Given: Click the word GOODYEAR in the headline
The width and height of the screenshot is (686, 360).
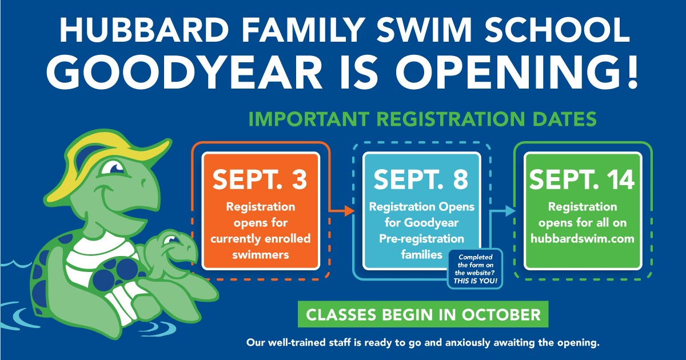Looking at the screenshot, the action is pos(184,73).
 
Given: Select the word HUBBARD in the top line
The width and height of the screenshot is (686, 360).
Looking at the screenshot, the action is pos(144,30).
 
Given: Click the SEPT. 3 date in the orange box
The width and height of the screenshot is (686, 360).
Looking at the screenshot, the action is pos(260,179).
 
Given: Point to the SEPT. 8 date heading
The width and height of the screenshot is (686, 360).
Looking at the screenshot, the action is pos(421,179).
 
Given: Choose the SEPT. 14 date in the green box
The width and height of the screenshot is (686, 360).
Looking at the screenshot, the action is pos(582,179).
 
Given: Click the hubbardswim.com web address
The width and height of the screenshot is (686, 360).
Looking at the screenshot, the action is pos(582,238).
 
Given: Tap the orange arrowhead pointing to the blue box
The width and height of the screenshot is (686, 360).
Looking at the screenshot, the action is pos(349,211).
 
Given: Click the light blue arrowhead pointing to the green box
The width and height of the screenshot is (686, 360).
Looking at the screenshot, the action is pos(510,211).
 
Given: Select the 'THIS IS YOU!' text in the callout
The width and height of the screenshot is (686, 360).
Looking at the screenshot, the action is pos(475,281).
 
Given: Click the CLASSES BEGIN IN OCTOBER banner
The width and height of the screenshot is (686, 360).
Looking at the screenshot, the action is pos(423,314).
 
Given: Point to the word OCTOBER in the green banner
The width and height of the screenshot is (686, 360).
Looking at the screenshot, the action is pos(501,315).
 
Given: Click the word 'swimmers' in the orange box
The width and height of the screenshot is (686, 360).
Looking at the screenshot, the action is pos(260,255).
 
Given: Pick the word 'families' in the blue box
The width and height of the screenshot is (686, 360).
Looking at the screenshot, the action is pos(422,254).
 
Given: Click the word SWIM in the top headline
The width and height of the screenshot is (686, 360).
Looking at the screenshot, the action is pos(424,30).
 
